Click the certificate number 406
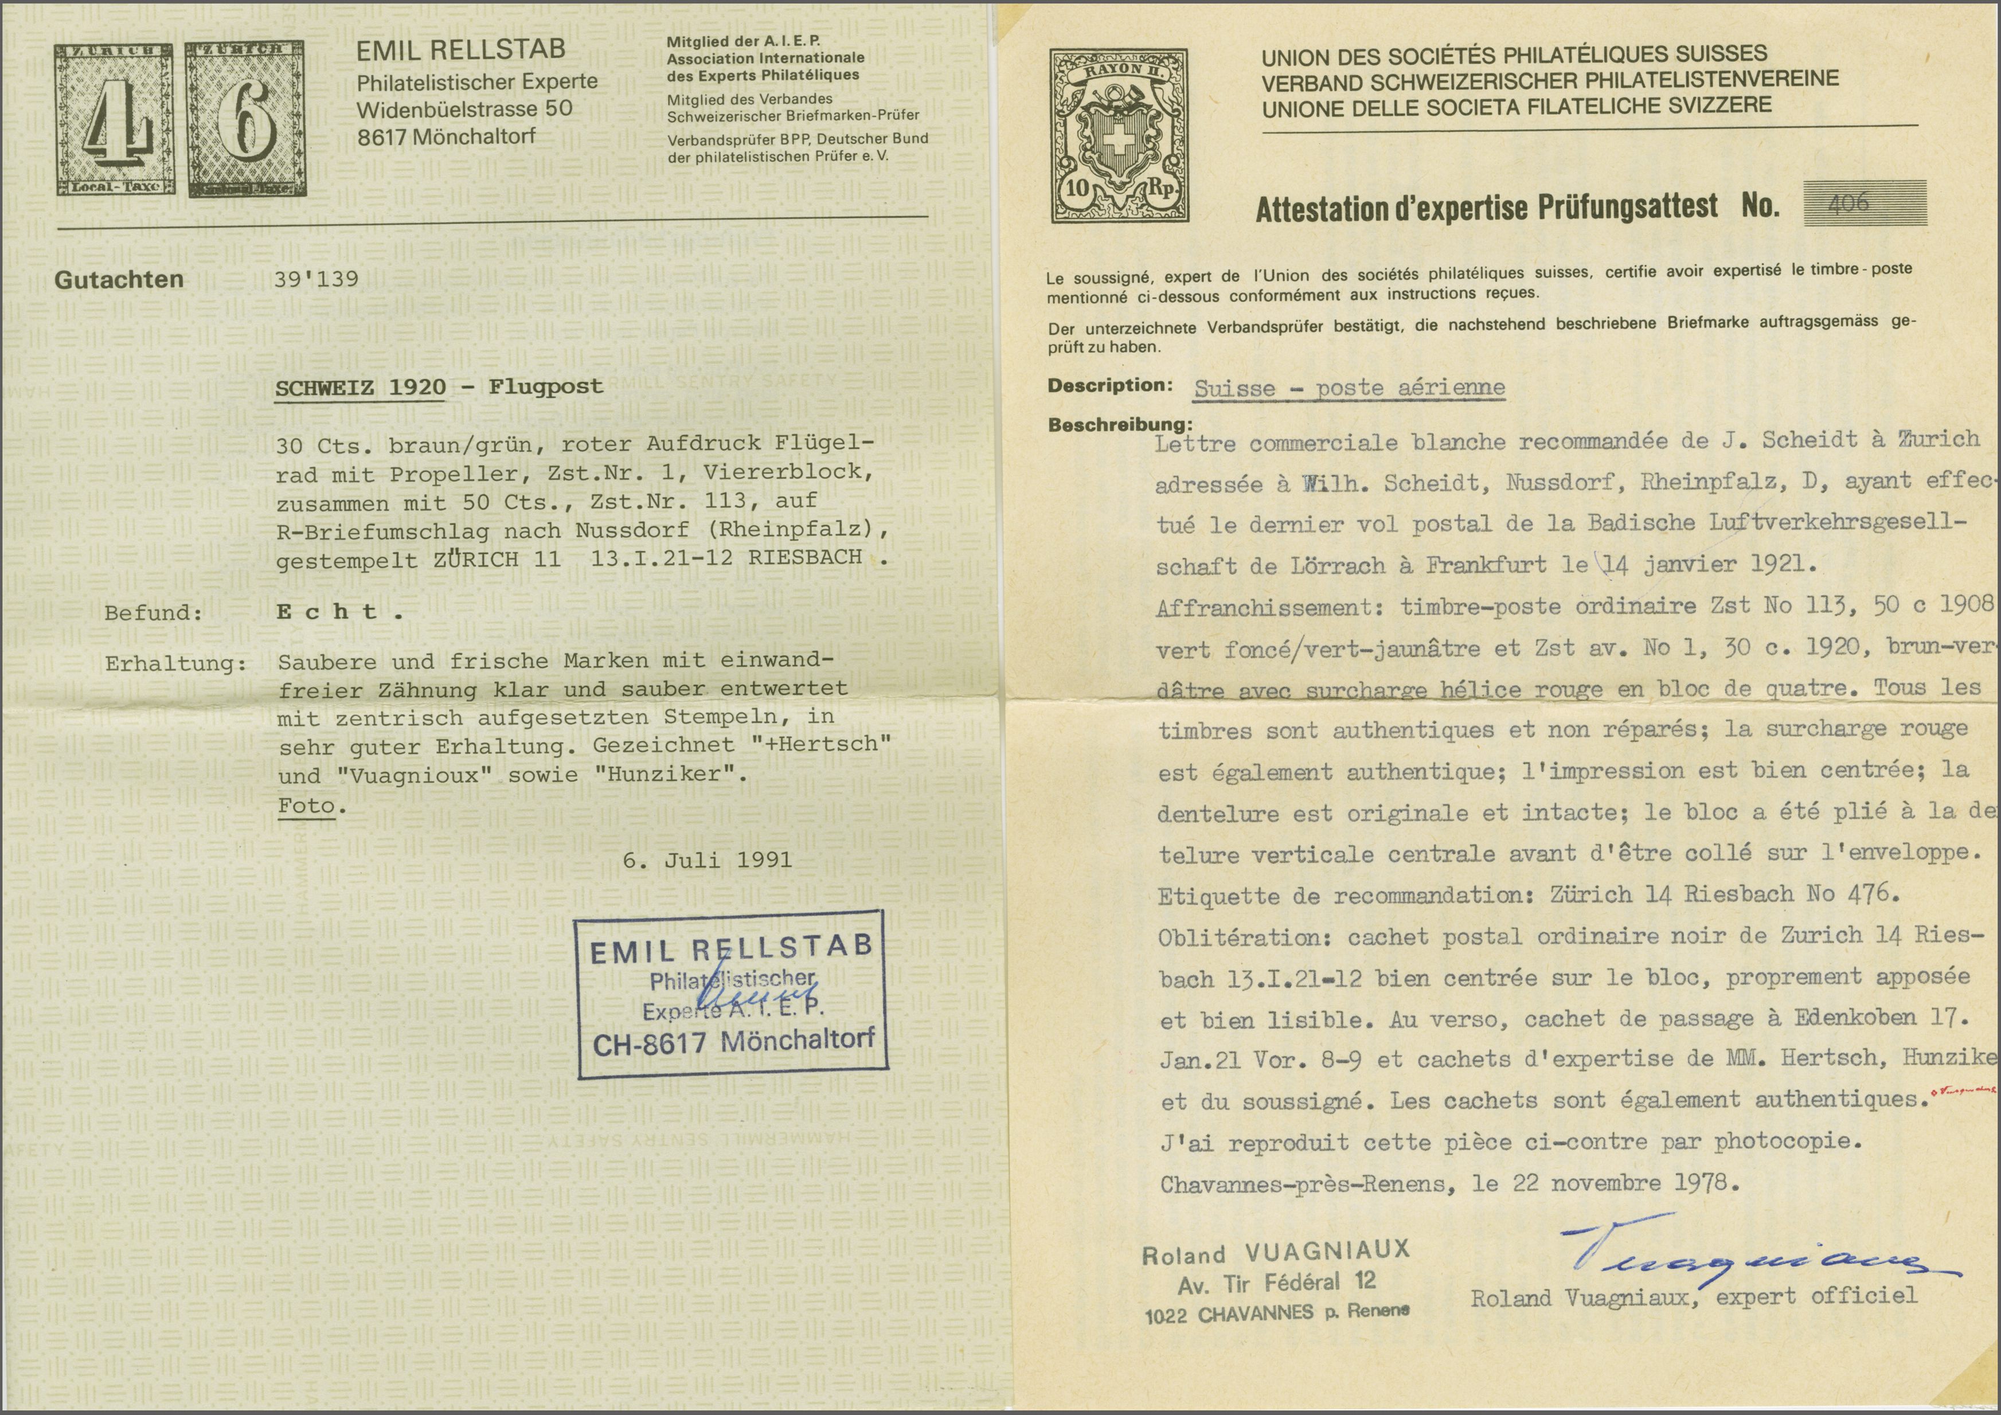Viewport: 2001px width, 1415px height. click(1848, 203)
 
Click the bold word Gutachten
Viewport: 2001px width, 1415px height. click(119, 280)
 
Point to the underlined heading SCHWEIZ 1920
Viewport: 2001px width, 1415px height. click(360, 387)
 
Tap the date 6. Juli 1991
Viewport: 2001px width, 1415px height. click(707, 861)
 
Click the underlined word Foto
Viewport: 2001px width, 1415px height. click(307, 806)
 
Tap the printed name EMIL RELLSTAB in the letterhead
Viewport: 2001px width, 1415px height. click(460, 50)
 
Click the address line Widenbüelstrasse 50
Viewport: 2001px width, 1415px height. click(464, 110)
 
